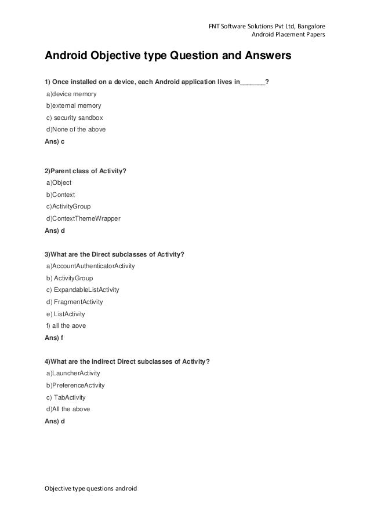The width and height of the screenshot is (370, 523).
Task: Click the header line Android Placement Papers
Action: pos(288,35)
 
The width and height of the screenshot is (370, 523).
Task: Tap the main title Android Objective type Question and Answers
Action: pos(164,57)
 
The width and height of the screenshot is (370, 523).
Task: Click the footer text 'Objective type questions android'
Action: pos(91,488)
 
